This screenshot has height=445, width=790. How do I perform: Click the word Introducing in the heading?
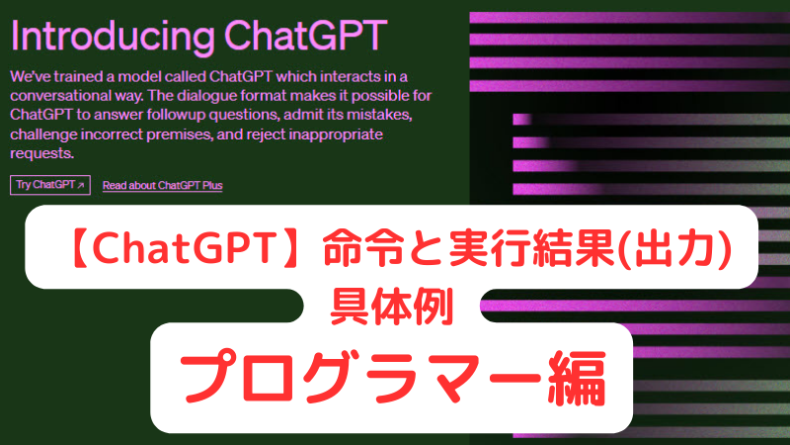[x=113, y=37]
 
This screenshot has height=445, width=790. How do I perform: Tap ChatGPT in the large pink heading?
[x=305, y=36]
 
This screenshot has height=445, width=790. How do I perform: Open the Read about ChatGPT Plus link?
[x=162, y=185]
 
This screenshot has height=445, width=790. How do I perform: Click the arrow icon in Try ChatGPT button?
[x=81, y=185]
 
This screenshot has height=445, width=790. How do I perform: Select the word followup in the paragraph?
[x=177, y=115]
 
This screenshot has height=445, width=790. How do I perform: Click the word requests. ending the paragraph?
[x=41, y=153]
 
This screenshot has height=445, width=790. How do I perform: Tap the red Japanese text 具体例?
[x=391, y=306]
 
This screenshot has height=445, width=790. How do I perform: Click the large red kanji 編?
[x=578, y=379]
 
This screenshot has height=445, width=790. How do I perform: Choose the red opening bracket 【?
[x=79, y=248]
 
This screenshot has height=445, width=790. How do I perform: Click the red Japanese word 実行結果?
[x=531, y=247]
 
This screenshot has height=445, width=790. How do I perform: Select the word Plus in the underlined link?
[x=212, y=185]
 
